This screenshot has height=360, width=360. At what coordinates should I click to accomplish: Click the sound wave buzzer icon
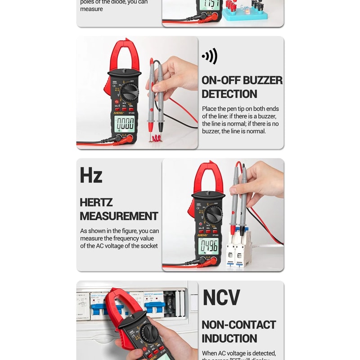click(210, 56)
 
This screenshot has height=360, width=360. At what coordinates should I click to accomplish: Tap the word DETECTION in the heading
click(229, 94)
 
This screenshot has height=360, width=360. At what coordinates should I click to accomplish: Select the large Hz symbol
click(91, 175)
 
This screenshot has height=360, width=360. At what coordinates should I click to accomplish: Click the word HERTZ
click(96, 202)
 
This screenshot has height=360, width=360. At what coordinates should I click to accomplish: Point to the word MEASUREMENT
click(119, 216)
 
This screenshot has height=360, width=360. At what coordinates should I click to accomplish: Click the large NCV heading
click(221, 297)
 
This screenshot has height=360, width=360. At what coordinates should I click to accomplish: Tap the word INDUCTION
click(229, 338)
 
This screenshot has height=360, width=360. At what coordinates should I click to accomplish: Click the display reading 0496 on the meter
click(209, 246)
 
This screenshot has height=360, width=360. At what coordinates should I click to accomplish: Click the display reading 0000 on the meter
click(124, 124)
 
